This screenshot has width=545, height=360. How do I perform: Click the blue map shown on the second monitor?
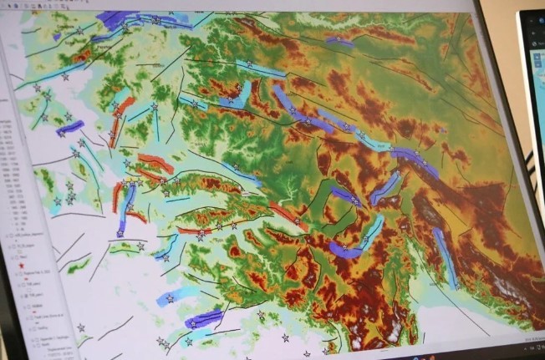tap(537, 100)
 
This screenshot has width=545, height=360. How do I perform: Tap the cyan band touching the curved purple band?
tap(373, 227)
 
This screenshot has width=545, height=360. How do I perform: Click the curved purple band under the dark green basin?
tap(344, 249)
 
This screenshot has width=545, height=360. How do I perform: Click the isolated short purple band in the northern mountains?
tap(339, 41)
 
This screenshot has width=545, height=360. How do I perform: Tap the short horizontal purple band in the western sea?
tap(70, 127)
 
